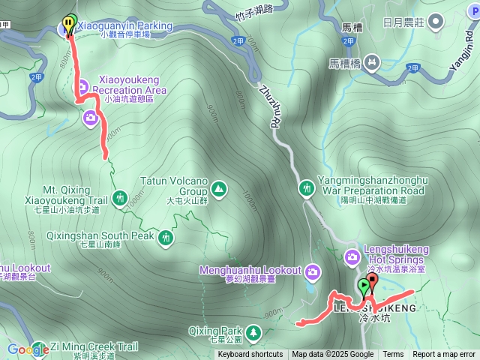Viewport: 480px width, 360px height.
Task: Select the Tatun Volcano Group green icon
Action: (x=219, y=187)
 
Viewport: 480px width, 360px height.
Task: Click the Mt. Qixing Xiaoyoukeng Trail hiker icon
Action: (x=120, y=198)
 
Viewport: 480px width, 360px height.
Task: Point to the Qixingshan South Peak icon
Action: (x=166, y=237)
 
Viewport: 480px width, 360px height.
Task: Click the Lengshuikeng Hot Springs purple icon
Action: (x=352, y=257)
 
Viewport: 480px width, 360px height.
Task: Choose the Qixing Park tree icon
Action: (x=253, y=331)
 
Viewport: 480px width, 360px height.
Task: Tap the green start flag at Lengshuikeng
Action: (x=364, y=286)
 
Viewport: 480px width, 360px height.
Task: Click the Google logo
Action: (x=28, y=349)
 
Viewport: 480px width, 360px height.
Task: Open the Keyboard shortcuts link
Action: (x=250, y=355)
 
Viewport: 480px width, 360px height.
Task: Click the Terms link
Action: (x=393, y=355)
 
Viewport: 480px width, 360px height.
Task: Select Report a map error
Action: (x=444, y=355)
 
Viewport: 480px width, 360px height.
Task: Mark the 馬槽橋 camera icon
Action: (x=373, y=64)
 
